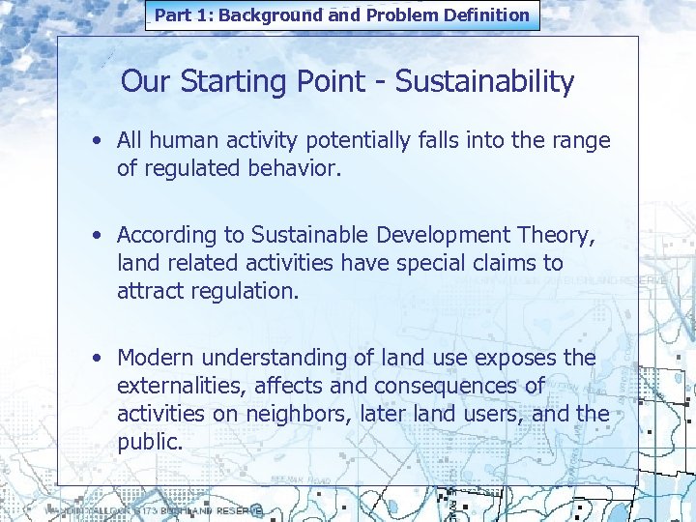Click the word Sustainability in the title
coord(484,82)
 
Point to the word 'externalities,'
coord(180,386)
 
